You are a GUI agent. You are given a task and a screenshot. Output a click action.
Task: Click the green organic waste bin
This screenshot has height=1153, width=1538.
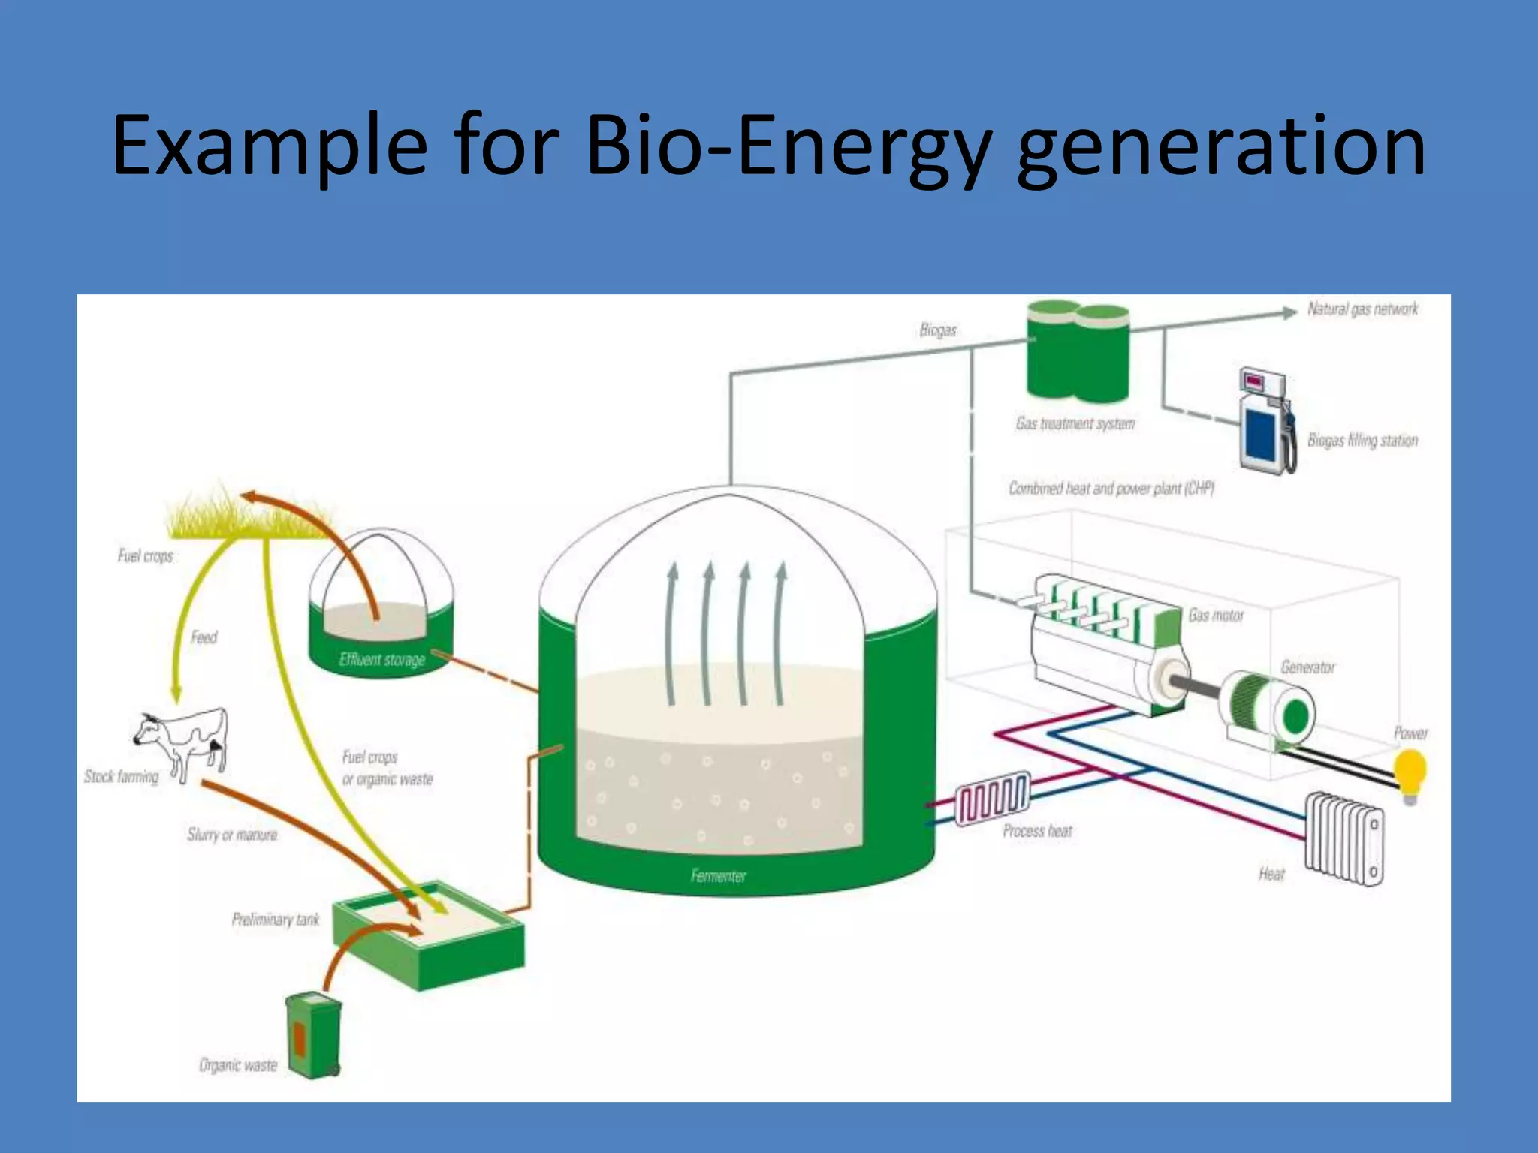coord(314,1035)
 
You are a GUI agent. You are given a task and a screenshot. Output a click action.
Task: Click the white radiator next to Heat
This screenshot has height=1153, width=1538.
coord(1344,839)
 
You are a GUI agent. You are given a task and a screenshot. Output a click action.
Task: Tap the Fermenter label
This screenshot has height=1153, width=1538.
coord(718,875)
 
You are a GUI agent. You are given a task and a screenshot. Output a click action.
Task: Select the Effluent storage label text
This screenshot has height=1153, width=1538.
coord(381,660)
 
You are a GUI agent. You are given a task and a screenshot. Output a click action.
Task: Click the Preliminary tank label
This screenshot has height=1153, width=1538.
coord(275,920)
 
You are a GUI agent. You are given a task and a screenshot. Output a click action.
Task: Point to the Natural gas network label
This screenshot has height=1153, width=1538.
coord(1362,309)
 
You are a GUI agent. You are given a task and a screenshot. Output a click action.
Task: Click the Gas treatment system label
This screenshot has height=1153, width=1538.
coord(1075,424)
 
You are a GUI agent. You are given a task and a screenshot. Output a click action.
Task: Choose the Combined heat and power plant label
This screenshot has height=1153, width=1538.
coord(1111,489)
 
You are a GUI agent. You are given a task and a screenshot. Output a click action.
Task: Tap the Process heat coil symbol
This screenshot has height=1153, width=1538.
coord(992,799)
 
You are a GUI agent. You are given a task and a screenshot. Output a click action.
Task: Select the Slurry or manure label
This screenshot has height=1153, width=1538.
coord(232,835)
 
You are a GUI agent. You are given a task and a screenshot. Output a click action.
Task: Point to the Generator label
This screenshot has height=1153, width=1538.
coord(1307,667)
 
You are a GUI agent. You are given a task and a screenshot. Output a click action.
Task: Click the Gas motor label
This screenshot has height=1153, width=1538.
coord(1215,616)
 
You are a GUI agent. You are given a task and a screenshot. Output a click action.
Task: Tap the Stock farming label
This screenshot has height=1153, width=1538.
coord(121,777)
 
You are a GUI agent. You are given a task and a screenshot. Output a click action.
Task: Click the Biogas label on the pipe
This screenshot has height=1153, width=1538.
coord(938,330)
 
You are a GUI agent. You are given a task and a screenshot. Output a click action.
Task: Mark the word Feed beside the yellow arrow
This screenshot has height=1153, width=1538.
coord(204,637)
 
